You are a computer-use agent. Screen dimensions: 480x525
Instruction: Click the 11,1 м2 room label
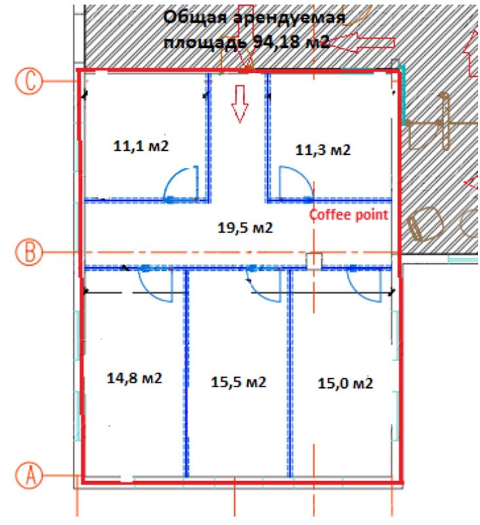[x=141, y=146]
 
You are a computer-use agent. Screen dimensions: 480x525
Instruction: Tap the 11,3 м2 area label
[x=323, y=150]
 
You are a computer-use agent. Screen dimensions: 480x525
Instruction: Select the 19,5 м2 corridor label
[x=245, y=228]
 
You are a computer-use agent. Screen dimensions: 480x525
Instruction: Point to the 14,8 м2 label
[x=134, y=379]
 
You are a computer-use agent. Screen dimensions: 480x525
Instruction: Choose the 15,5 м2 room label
[x=239, y=382]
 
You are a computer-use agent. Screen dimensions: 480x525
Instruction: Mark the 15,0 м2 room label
[x=345, y=383]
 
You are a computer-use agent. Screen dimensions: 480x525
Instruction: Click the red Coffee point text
[x=349, y=215]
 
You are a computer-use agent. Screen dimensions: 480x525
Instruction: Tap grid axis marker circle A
[x=30, y=474]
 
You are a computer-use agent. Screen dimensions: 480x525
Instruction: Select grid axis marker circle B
[x=30, y=252]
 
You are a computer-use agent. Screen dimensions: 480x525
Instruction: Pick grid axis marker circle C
[x=30, y=81]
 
